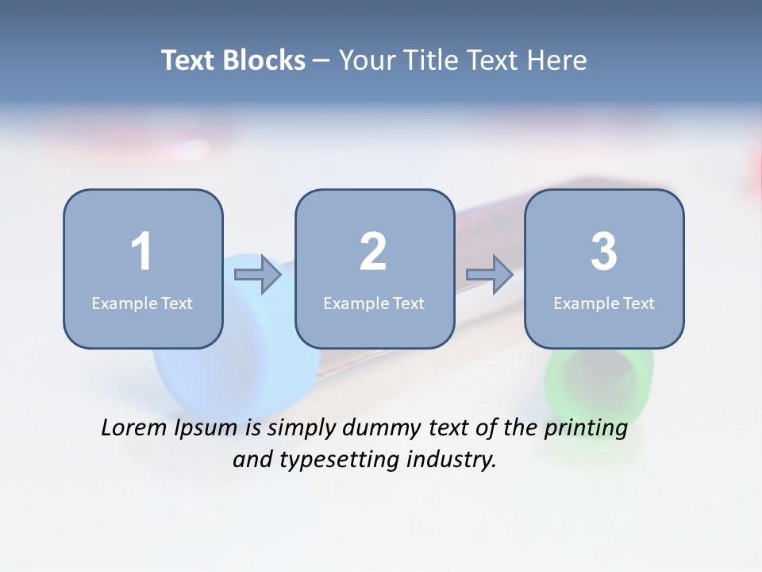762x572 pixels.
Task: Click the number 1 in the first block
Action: [141, 252]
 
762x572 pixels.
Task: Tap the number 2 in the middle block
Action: [373, 252]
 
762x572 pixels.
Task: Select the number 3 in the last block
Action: [604, 252]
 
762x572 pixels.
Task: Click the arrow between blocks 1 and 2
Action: [259, 275]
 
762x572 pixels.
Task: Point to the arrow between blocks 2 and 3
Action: [490, 275]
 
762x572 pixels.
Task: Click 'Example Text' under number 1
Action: [142, 303]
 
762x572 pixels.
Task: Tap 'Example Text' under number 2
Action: [374, 303]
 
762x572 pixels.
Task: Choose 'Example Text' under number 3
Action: [604, 303]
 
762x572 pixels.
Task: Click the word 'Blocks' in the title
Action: [264, 60]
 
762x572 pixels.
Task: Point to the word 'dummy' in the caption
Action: [377, 429]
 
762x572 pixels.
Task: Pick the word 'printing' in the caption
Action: [586, 429]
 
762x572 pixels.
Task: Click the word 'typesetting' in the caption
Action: [327, 460]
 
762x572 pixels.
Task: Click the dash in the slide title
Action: [321, 61]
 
